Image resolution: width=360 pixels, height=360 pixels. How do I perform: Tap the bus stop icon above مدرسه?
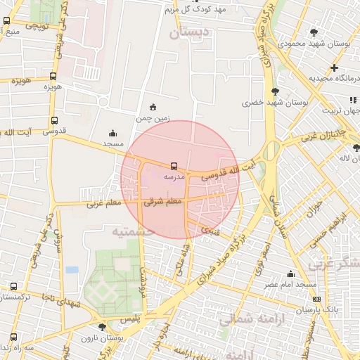coord(173,167)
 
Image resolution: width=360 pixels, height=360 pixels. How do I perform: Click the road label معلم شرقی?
coord(163,202)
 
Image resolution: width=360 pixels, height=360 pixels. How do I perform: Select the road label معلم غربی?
coord(104,204)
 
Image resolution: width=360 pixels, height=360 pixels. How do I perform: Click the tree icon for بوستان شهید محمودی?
coord(314,32)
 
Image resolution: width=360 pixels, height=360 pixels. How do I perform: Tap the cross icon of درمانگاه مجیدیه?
coord(334,67)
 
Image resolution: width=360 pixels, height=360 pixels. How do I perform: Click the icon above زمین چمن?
coord(153,107)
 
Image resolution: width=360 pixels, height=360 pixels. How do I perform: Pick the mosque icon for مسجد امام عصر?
coord(290,274)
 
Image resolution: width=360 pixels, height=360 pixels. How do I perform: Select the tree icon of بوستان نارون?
coord(102,327)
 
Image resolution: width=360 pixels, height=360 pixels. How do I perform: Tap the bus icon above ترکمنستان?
coord(13,286)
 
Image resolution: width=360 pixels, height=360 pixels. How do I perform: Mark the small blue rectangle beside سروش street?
coord(72,269)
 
